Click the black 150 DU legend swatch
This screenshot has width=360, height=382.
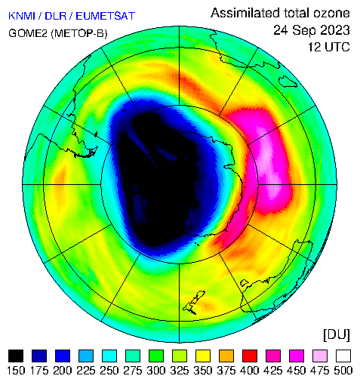[16, 356]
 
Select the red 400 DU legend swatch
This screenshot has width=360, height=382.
[250, 356]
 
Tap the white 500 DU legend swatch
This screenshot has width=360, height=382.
[343, 356]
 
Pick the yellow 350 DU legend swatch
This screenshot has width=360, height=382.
[203, 356]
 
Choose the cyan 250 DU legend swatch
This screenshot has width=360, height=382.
[109, 356]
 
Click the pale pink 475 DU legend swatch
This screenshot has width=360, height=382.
[320, 356]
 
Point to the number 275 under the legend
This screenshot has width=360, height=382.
[133, 371]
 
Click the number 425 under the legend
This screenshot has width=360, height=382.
[273, 371]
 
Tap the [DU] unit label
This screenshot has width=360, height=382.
[337, 335]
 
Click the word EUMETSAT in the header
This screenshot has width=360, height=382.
[105, 16]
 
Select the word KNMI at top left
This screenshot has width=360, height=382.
[22, 16]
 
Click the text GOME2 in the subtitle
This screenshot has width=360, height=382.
[28, 33]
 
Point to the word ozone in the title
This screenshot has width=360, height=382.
[331, 13]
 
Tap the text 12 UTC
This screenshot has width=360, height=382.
[329, 47]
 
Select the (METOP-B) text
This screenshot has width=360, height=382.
[79, 33]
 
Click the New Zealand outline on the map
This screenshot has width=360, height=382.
[194, 303]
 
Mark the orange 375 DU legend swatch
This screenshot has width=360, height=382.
[226, 356]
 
